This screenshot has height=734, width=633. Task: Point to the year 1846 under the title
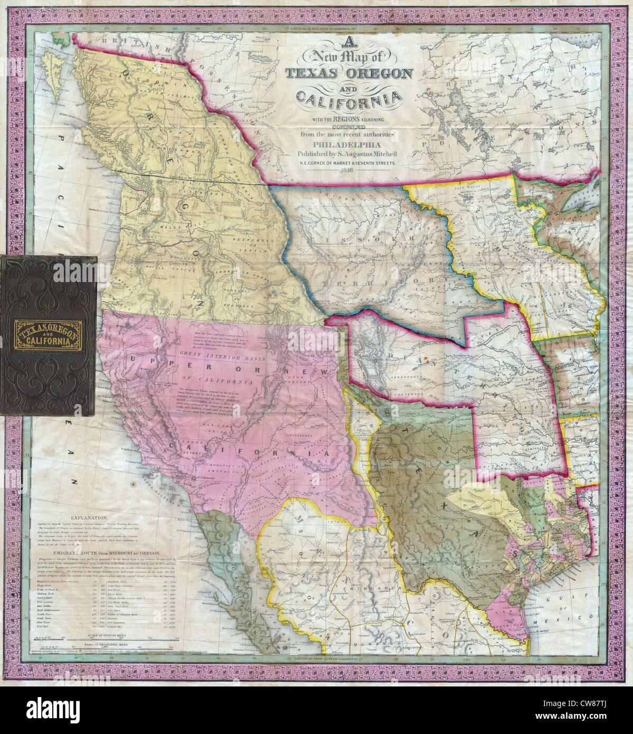[347, 169]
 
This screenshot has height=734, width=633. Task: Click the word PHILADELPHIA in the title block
[347, 143]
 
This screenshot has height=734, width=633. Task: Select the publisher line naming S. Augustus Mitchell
[347, 153]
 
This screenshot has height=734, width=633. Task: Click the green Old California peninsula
[232, 576]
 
